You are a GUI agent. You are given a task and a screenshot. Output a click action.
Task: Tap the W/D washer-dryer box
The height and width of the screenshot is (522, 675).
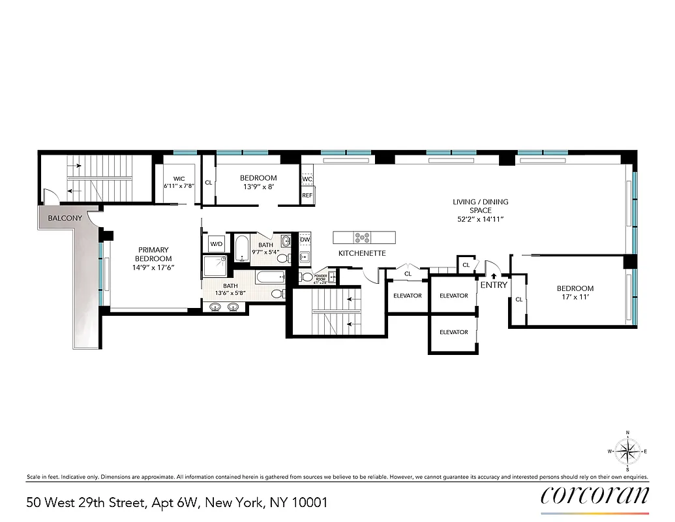click(x=215, y=244)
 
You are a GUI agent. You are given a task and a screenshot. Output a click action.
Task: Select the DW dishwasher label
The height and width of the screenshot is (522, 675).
click(x=305, y=239)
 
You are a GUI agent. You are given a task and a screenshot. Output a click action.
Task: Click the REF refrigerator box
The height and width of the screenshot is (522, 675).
click(x=307, y=194)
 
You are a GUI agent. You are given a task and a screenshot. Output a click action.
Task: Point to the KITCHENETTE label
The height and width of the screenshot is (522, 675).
click(x=362, y=253)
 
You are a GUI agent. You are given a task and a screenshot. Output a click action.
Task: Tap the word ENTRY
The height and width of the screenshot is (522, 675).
click(x=494, y=285)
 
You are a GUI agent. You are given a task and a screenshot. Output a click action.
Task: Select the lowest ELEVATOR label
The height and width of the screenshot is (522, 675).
click(x=453, y=332)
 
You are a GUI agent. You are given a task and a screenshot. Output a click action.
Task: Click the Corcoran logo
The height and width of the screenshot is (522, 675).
click(x=595, y=496)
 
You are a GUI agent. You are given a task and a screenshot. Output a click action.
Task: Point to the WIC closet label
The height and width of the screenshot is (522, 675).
click(x=179, y=178)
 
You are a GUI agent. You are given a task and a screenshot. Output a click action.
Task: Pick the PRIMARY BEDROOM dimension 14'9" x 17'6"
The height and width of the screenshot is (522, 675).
click(x=153, y=268)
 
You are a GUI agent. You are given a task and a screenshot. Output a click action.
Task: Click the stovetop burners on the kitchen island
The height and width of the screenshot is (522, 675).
click(x=363, y=237)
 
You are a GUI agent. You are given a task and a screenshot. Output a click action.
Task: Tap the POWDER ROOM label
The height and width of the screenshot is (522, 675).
click(x=320, y=277)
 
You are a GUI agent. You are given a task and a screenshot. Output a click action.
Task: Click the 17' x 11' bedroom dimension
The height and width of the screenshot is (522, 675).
click(x=575, y=298)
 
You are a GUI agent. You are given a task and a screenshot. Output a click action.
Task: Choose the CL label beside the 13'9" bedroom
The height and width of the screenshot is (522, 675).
click(x=208, y=183)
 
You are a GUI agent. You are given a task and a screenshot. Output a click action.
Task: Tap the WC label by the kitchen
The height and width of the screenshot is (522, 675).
click(x=307, y=178)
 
